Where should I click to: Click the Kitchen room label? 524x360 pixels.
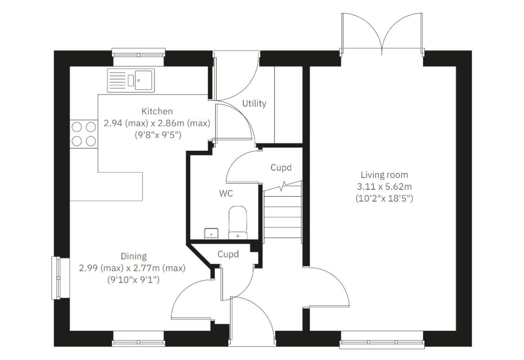[x=157, y=111]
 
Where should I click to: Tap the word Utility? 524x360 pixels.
[x=254, y=103]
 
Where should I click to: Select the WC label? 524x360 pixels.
[x=226, y=193]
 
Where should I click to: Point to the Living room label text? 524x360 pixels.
[x=384, y=175]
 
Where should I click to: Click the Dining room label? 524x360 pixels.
[x=134, y=257]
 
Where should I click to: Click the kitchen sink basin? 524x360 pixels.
[x=144, y=80]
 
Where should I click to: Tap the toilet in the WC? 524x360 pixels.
[x=237, y=222]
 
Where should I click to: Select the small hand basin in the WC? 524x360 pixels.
[x=211, y=234]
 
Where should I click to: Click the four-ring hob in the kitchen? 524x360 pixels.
[x=83, y=134]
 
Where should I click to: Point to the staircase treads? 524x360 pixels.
[x=283, y=214]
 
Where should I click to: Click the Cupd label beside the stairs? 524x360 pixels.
[x=281, y=167]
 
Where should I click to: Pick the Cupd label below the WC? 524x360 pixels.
[x=228, y=254]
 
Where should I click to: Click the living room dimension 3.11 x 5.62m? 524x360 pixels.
[x=384, y=186]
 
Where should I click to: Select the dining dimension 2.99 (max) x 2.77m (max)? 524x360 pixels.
[x=132, y=268]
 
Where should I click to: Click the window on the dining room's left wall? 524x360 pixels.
[x=56, y=278]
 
